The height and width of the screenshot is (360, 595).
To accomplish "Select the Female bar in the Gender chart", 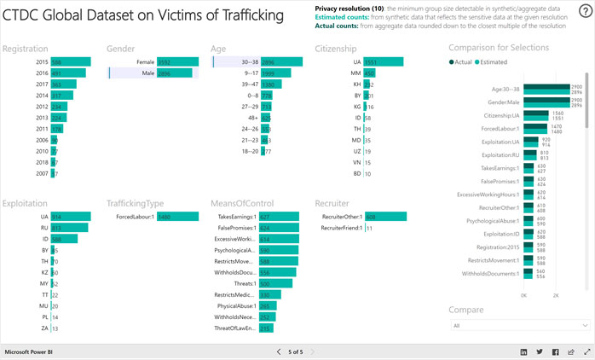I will [177, 62].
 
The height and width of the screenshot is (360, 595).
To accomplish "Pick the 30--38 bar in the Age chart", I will [281, 62].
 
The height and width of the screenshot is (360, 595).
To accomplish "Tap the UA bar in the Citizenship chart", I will [376, 62].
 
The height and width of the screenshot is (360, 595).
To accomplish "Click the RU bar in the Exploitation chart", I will [69, 228].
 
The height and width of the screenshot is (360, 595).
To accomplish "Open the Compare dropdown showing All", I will [519, 325].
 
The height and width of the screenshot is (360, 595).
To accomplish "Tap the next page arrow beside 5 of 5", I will [312, 351].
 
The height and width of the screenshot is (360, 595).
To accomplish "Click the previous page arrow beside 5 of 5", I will [278, 351].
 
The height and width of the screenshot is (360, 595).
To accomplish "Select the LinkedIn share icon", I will [523, 351].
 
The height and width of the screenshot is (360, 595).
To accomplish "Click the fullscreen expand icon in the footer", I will [586, 351].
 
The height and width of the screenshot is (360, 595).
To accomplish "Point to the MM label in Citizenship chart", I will [357, 73].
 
